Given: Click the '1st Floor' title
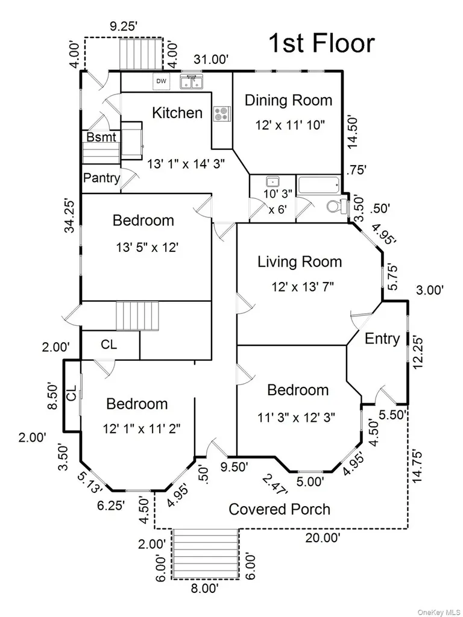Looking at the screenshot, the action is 321,43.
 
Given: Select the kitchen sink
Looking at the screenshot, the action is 192,82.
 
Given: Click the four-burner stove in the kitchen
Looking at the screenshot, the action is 221,114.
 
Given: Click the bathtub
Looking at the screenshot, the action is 319,184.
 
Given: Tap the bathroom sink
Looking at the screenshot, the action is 272,182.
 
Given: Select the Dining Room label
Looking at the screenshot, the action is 289,101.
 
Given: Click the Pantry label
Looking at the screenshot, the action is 101,178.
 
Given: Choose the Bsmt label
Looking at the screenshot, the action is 101,137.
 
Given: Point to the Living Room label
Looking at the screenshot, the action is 300,262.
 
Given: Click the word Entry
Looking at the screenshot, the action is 382,339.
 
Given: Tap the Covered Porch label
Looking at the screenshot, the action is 280,509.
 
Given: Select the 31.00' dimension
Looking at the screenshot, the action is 212,60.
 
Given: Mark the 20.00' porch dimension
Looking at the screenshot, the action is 323,537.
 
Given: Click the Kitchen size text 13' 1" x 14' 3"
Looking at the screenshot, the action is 186,164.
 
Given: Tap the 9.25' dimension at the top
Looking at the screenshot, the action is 124,27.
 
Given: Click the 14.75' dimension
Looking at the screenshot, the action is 417,467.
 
